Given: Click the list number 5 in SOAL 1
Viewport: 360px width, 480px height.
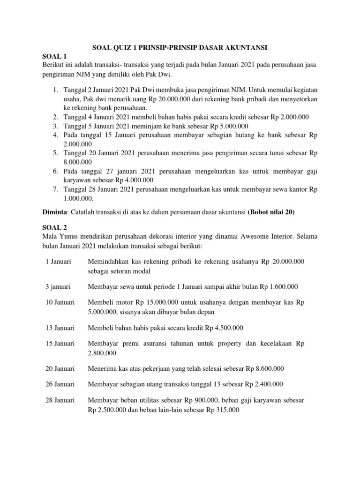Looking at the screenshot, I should point(55,153).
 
